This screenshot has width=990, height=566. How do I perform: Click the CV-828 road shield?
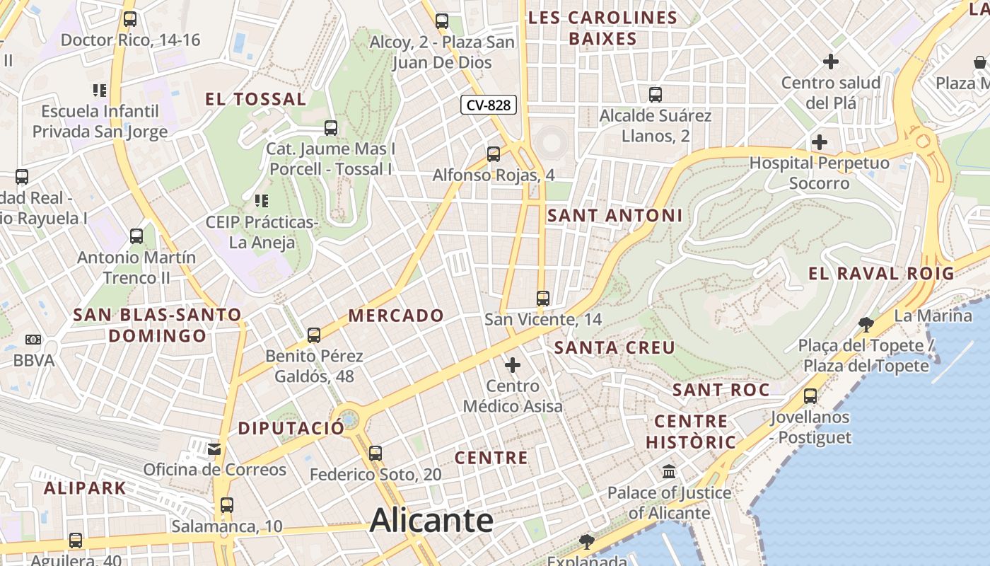[489, 105]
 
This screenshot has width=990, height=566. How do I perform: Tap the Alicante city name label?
[431, 521]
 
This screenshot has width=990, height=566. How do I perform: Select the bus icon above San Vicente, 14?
[543, 299]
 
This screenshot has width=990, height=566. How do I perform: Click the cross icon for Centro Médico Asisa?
[513, 365]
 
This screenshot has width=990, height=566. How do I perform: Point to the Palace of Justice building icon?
[669, 471]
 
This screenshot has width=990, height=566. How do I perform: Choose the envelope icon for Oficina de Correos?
[214, 449]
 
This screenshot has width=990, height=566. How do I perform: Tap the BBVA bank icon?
[33, 340]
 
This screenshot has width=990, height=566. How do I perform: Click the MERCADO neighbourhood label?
[397, 316]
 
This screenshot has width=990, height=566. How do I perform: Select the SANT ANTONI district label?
[615, 215]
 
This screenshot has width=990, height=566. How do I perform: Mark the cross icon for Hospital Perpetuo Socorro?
[820, 142]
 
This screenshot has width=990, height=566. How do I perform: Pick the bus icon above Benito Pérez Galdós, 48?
[314, 335]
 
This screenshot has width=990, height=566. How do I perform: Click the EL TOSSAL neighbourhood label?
[256, 99]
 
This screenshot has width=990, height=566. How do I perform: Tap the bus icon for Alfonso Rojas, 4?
[494, 154]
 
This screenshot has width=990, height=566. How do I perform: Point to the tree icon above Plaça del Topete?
[865, 325]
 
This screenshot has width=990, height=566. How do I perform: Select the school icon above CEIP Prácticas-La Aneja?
[261, 201]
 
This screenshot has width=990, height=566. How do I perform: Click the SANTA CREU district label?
[615, 347]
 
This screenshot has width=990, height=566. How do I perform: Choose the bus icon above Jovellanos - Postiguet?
[810, 396]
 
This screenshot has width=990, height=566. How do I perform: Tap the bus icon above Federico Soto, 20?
[375, 453]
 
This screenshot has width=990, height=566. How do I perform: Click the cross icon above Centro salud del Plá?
[831, 62]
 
